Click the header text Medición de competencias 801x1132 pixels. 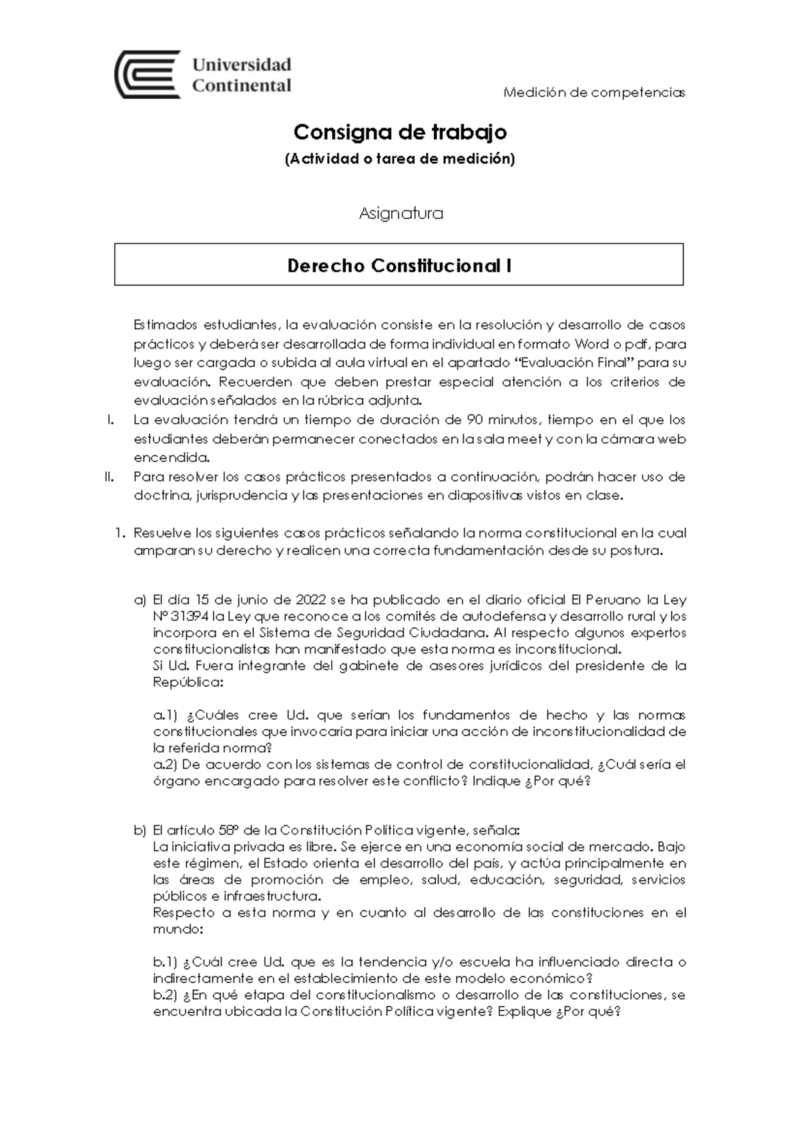point(594,92)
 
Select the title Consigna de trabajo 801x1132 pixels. point(400,132)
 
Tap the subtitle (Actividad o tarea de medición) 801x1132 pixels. point(400,159)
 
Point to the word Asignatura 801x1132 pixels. point(400,214)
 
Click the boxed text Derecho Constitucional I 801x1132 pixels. point(399,266)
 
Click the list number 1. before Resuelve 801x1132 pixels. point(120,533)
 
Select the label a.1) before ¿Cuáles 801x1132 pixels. point(166,715)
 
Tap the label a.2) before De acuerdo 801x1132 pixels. point(166,764)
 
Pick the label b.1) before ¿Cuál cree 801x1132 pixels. point(166,962)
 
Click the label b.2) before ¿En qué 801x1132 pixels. point(166,995)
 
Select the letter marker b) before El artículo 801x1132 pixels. point(139,830)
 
